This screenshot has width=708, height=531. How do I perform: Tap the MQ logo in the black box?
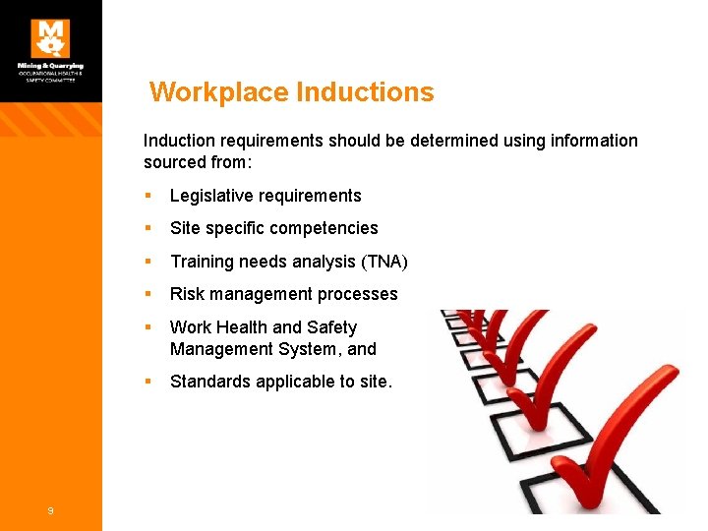[50, 39]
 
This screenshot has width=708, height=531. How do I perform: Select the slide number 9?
[50, 509]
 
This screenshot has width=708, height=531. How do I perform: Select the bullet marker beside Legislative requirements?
[147, 196]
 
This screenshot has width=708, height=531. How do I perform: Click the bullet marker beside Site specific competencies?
[147, 228]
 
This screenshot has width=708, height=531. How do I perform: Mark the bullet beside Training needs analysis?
[147, 262]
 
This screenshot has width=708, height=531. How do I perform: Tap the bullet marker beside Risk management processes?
[147, 294]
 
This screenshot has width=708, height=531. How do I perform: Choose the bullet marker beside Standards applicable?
[147, 382]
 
